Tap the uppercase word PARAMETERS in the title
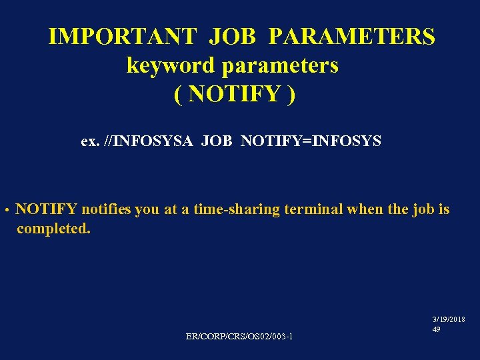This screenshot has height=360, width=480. pos(352,36)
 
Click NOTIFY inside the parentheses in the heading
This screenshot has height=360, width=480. pos(234,95)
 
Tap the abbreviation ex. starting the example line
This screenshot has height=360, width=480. pos(89,141)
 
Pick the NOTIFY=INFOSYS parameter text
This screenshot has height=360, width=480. pos(311,141)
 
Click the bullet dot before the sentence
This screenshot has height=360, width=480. pos(5,211)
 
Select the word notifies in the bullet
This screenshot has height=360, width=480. pos(107,209)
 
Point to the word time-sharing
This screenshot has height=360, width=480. pos(237,209)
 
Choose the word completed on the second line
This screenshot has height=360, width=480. pos(53,229)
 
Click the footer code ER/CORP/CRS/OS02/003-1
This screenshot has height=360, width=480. pos(239,337)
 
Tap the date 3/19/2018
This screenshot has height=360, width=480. pos(449,320)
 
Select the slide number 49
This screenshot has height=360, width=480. pos(436,329)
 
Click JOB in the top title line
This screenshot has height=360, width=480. pos(232,36)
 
